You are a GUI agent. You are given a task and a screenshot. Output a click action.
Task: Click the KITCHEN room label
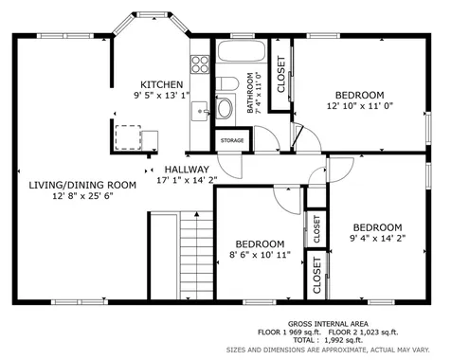pyautogui.click(x=161, y=84)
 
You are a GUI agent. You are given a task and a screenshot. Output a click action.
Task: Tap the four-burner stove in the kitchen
pyautogui.click(x=200, y=64)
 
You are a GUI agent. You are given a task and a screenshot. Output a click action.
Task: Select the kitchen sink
pyautogui.click(x=200, y=111)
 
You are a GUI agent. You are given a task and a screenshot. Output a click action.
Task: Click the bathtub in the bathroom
pyautogui.click(x=242, y=51)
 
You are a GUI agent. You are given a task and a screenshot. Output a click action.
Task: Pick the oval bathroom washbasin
pyautogui.click(x=225, y=108)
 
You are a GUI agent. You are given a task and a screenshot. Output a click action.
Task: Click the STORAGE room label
pyautogui.click(x=232, y=140)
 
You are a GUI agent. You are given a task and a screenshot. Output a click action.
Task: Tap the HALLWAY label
pyautogui.click(x=187, y=170)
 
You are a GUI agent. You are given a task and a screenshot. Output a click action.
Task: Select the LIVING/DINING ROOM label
pyautogui.click(x=82, y=185)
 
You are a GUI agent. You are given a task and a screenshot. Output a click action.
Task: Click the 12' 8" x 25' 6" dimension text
pyautogui.click(x=82, y=196)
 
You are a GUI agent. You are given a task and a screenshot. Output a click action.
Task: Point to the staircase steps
pyautogui.click(x=196, y=255)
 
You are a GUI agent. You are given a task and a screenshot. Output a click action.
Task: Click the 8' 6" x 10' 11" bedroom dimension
pyautogui.click(x=260, y=255)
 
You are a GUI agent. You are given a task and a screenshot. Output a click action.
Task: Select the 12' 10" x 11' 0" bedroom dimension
pyautogui.click(x=360, y=105)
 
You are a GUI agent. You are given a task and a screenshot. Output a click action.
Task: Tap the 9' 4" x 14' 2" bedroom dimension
pyautogui.click(x=378, y=238)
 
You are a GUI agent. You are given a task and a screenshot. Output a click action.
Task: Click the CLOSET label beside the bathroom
pyautogui.click(x=280, y=74)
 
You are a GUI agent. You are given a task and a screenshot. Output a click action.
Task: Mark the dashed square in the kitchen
pyautogui.click(x=128, y=137)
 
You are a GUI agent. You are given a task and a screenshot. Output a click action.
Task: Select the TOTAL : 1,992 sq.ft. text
pyautogui.click(x=328, y=340)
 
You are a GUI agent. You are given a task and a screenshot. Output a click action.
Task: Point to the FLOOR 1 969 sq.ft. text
pyautogui.click(x=289, y=333)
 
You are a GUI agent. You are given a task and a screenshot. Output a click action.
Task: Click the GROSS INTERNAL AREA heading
pyautogui.click(x=328, y=324)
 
